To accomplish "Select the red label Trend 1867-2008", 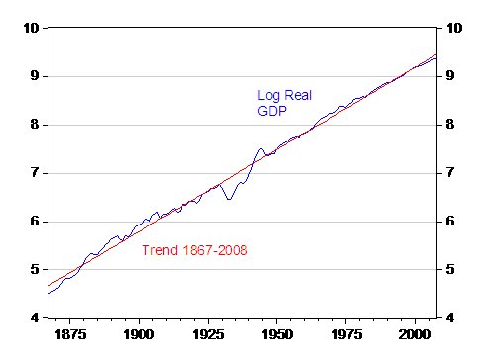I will click(195, 250).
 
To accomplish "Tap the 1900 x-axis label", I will click(139, 336).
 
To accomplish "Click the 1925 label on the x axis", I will click(208, 336).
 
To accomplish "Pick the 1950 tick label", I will click(276, 336).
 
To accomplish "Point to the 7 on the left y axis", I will click(34, 173).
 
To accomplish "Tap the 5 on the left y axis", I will click(34, 269).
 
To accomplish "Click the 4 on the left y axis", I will click(34, 317).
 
